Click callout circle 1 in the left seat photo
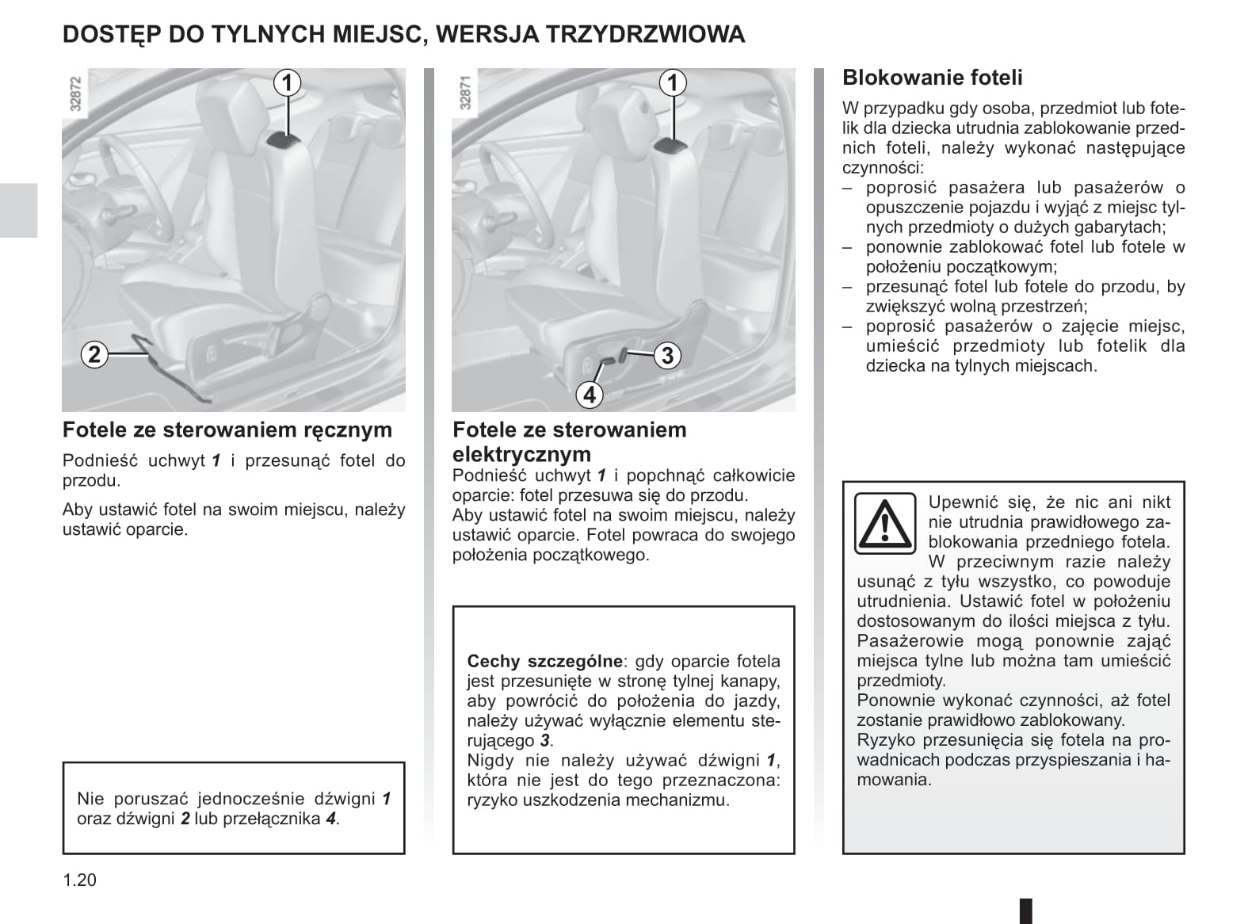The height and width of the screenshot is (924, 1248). click(x=287, y=82)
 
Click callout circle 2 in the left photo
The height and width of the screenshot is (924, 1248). click(x=94, y=353)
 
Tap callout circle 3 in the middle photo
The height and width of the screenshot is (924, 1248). click(x=667, y=355)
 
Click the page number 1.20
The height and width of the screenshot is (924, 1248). click(x=79, y=880)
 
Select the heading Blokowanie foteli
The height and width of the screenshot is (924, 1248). click(x=932, y=78)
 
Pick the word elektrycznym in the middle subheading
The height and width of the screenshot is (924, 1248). click(x=521, y=454)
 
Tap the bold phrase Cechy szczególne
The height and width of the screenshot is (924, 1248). click(x=544, y=661)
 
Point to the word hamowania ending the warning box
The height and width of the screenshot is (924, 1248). click(x=894, y=780)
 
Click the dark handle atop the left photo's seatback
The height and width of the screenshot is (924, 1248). click(x=283, y=141)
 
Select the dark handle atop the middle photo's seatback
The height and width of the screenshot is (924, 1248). click(x=669, y=145)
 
